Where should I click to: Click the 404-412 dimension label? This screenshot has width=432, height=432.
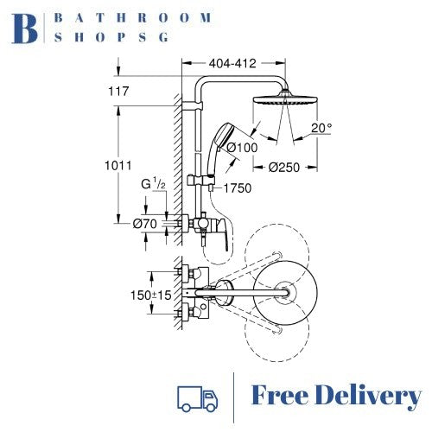point(232,63)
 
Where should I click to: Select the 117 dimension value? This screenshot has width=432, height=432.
point(118,92)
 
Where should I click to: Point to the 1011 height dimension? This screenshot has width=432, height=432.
point(118,166)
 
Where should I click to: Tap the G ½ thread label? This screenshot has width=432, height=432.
point(153,184)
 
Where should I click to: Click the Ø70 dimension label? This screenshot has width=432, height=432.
point(145,224)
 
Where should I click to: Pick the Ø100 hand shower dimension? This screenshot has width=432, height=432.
point(242,148)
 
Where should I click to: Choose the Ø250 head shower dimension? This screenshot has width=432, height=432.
point(284,167)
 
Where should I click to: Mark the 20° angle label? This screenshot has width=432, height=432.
point(321,128)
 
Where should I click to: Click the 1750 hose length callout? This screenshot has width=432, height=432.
point(238,188)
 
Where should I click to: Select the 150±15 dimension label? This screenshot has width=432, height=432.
point(151,295)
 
